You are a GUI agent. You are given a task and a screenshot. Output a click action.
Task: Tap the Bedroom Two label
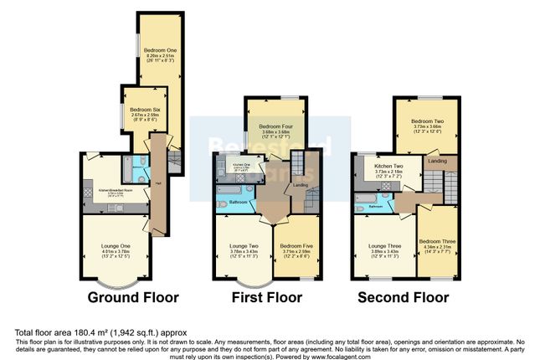point(427,121)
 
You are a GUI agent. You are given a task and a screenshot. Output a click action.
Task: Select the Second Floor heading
point(403,297)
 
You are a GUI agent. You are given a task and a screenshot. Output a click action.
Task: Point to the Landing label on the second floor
point(437,160)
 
